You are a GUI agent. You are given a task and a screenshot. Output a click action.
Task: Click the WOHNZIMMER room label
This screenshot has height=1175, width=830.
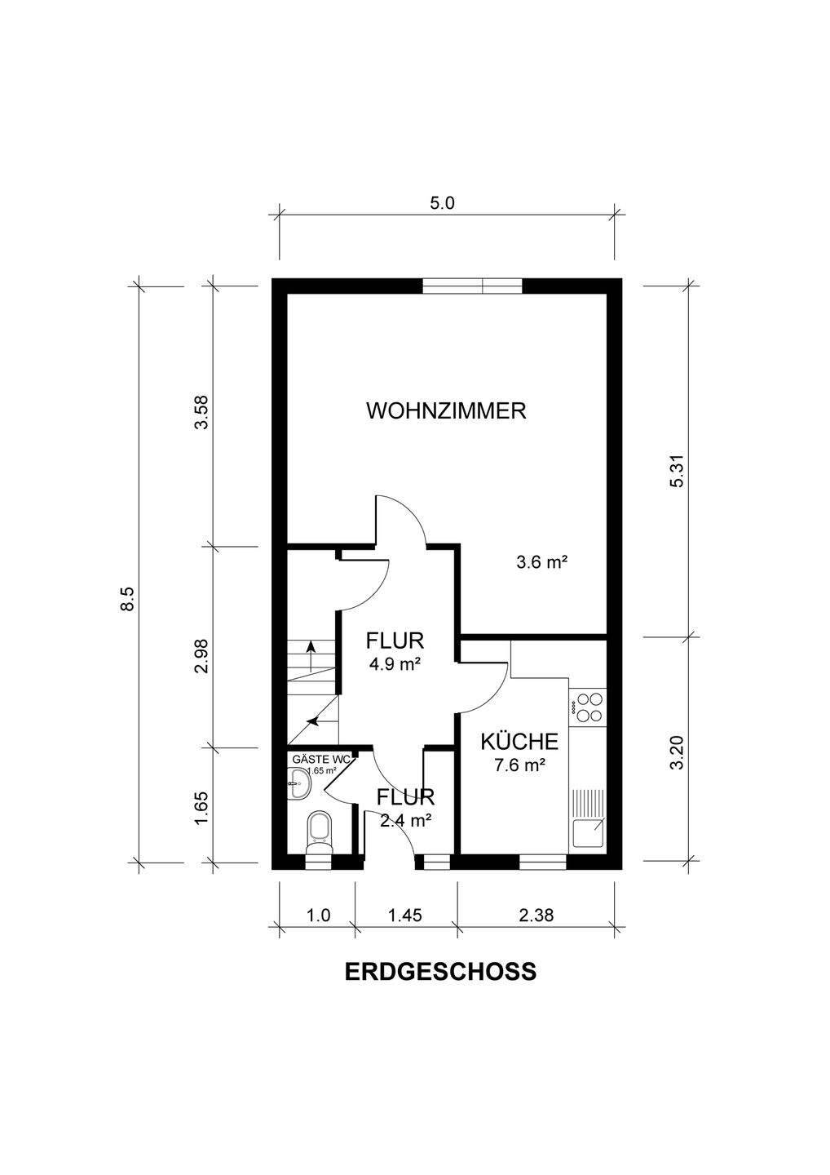pyautogui.click(x=446, y=410)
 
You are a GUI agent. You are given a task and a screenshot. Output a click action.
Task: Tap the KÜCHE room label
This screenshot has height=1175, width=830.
pyautogui.click(x=519, y=742)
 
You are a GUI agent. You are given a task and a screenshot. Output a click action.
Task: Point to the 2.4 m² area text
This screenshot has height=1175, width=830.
pyautogui.click(x=405, y=820)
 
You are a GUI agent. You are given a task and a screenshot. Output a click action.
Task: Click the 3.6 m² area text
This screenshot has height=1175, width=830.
pyautogui.click(x=541, y=562)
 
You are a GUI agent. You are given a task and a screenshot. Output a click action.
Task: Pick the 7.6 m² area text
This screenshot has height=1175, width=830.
pyautogui.click(x=519, y=765)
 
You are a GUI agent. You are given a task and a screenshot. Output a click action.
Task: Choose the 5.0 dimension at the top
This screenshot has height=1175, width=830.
pyautogui.click(x=442, y=203)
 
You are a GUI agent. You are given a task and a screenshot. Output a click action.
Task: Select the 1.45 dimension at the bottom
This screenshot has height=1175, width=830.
pyautogui.click(x=404, y=915)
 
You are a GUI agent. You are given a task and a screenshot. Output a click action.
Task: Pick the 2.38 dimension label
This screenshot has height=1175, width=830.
pyautogui.click(x=536, y=915)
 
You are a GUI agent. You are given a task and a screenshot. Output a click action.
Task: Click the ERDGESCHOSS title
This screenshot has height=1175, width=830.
pyautogui.click(x=440, y=971)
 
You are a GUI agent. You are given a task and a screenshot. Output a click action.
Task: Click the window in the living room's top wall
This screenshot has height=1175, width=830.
pyautogui.click(x=471, y=286)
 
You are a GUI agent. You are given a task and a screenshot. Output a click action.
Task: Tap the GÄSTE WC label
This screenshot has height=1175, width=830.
pyautogui.click(x=320, y=759)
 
